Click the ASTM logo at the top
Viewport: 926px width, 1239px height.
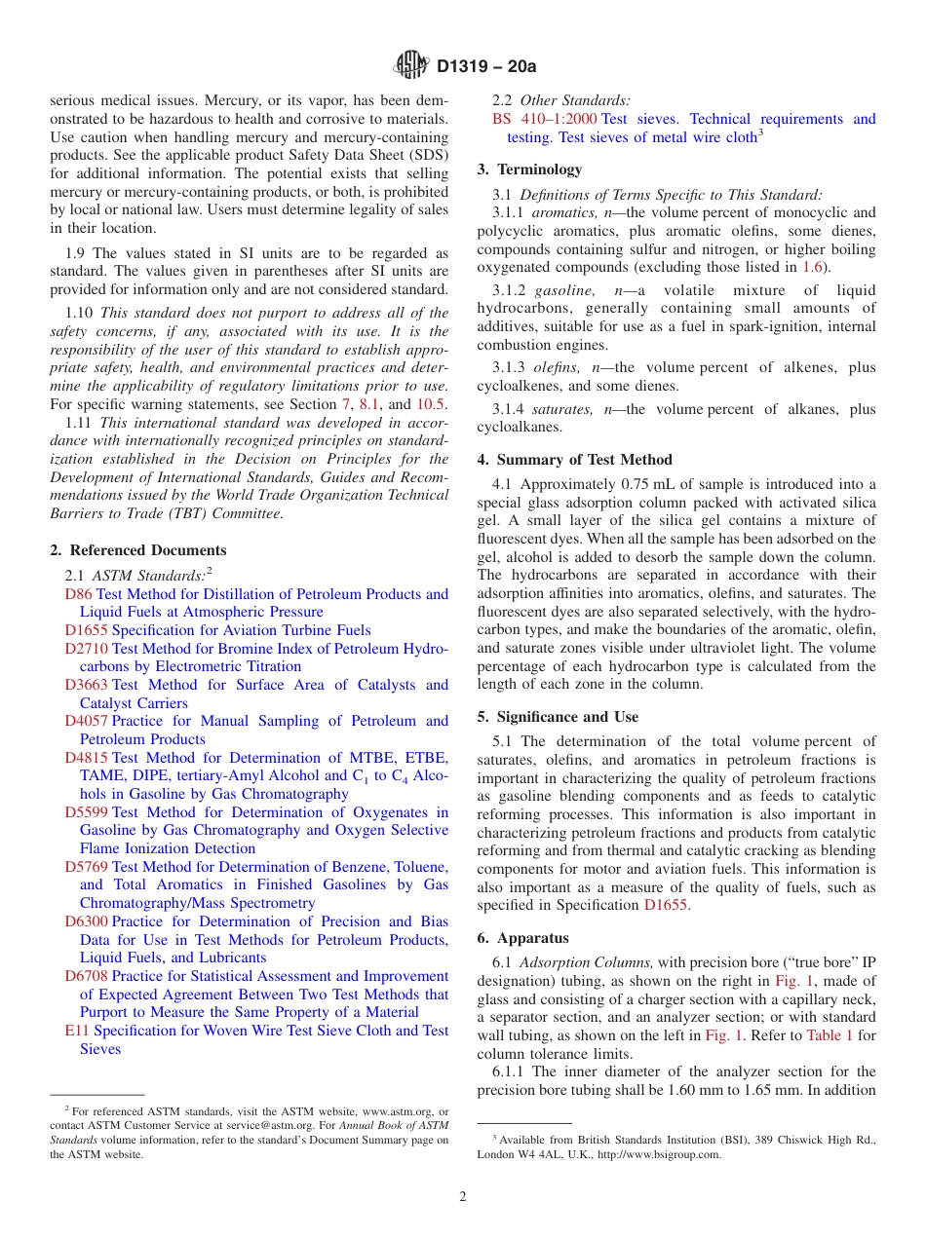click(410, 65)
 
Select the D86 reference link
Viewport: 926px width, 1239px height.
click(78, 594)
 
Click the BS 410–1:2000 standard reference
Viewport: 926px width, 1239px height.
click(545, 119)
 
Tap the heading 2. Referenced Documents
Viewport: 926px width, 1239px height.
click(137, 550)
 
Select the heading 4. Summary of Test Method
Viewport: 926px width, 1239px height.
click(574, 460)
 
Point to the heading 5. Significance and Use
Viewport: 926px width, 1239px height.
click(558, 717)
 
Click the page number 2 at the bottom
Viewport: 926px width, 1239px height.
click(463, 1197)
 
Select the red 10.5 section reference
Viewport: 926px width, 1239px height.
click(432, 404)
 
